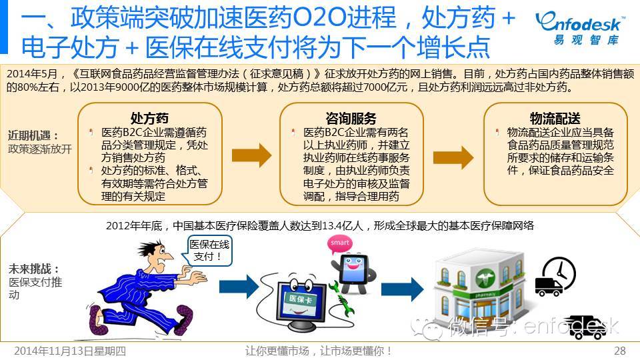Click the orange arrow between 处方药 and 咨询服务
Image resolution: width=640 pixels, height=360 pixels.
coord(251,155)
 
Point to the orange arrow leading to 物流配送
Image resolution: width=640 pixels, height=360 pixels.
coord(453,155)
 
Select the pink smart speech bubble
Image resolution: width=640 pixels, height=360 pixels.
coord(340,244)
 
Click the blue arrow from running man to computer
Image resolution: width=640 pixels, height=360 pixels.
coord(238,287)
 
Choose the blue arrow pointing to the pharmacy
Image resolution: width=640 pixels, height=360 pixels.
coord(402,288)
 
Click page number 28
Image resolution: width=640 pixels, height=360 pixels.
coord(619,351)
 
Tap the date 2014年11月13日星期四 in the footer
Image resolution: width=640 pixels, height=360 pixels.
coord(70,351)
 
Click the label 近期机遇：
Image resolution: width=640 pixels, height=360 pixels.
coord(33,135)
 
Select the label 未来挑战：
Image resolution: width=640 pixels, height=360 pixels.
coord(34,269)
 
